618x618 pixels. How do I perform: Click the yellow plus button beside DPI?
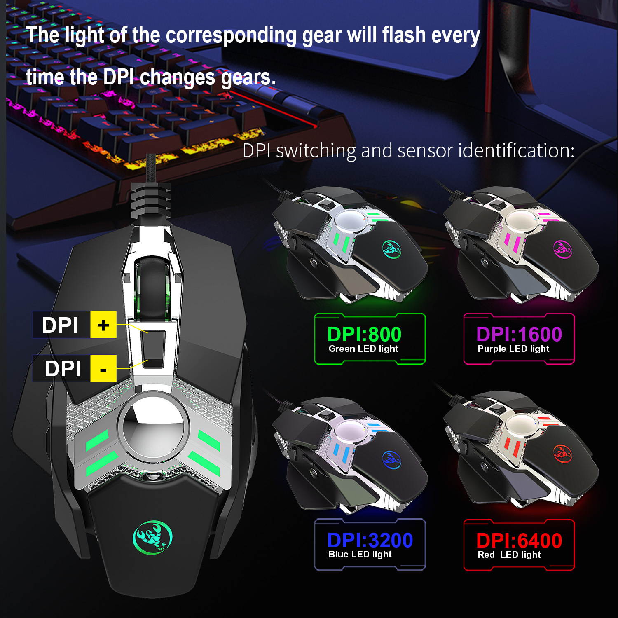click(x=103, y=325)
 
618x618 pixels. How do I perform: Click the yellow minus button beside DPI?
click(x=103, y=368)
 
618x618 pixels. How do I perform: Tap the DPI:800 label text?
click(x=364, y=334)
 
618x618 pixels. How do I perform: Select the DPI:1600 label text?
click(x=519, y=334)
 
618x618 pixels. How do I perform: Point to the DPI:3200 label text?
click(x=370, y=540)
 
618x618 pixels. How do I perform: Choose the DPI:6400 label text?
click(x=519, y=540)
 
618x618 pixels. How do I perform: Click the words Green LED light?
click(x=363, y=349)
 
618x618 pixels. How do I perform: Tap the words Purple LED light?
click(x=513, y=349)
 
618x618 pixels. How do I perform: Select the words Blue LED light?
click(x=360, y=555)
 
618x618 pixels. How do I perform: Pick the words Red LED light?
click(x=509, y=555)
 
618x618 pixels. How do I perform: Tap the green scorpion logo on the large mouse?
click(x=152, y=536)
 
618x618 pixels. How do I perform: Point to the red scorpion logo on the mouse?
click(x=562, y=453)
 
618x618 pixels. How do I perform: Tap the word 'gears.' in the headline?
click(x=248, y=77)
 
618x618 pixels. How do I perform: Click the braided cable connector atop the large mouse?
click(x=150, y=202)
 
